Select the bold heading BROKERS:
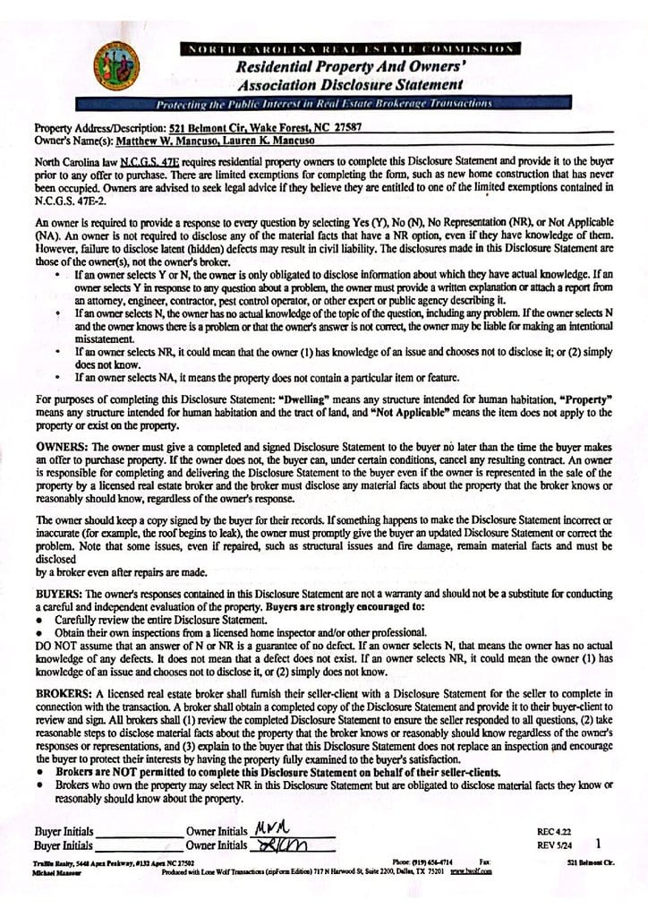pos(64,693)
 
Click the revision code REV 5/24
pos(555,844)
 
